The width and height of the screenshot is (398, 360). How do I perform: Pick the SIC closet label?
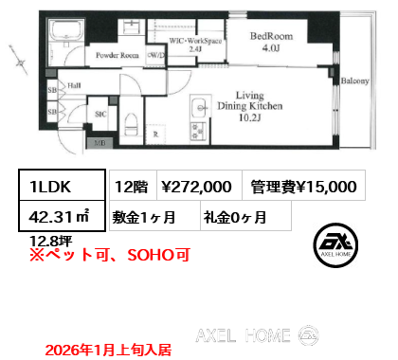100,114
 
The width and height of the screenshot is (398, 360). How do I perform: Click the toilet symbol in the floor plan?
134,120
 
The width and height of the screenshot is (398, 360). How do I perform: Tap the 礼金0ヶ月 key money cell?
234,216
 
